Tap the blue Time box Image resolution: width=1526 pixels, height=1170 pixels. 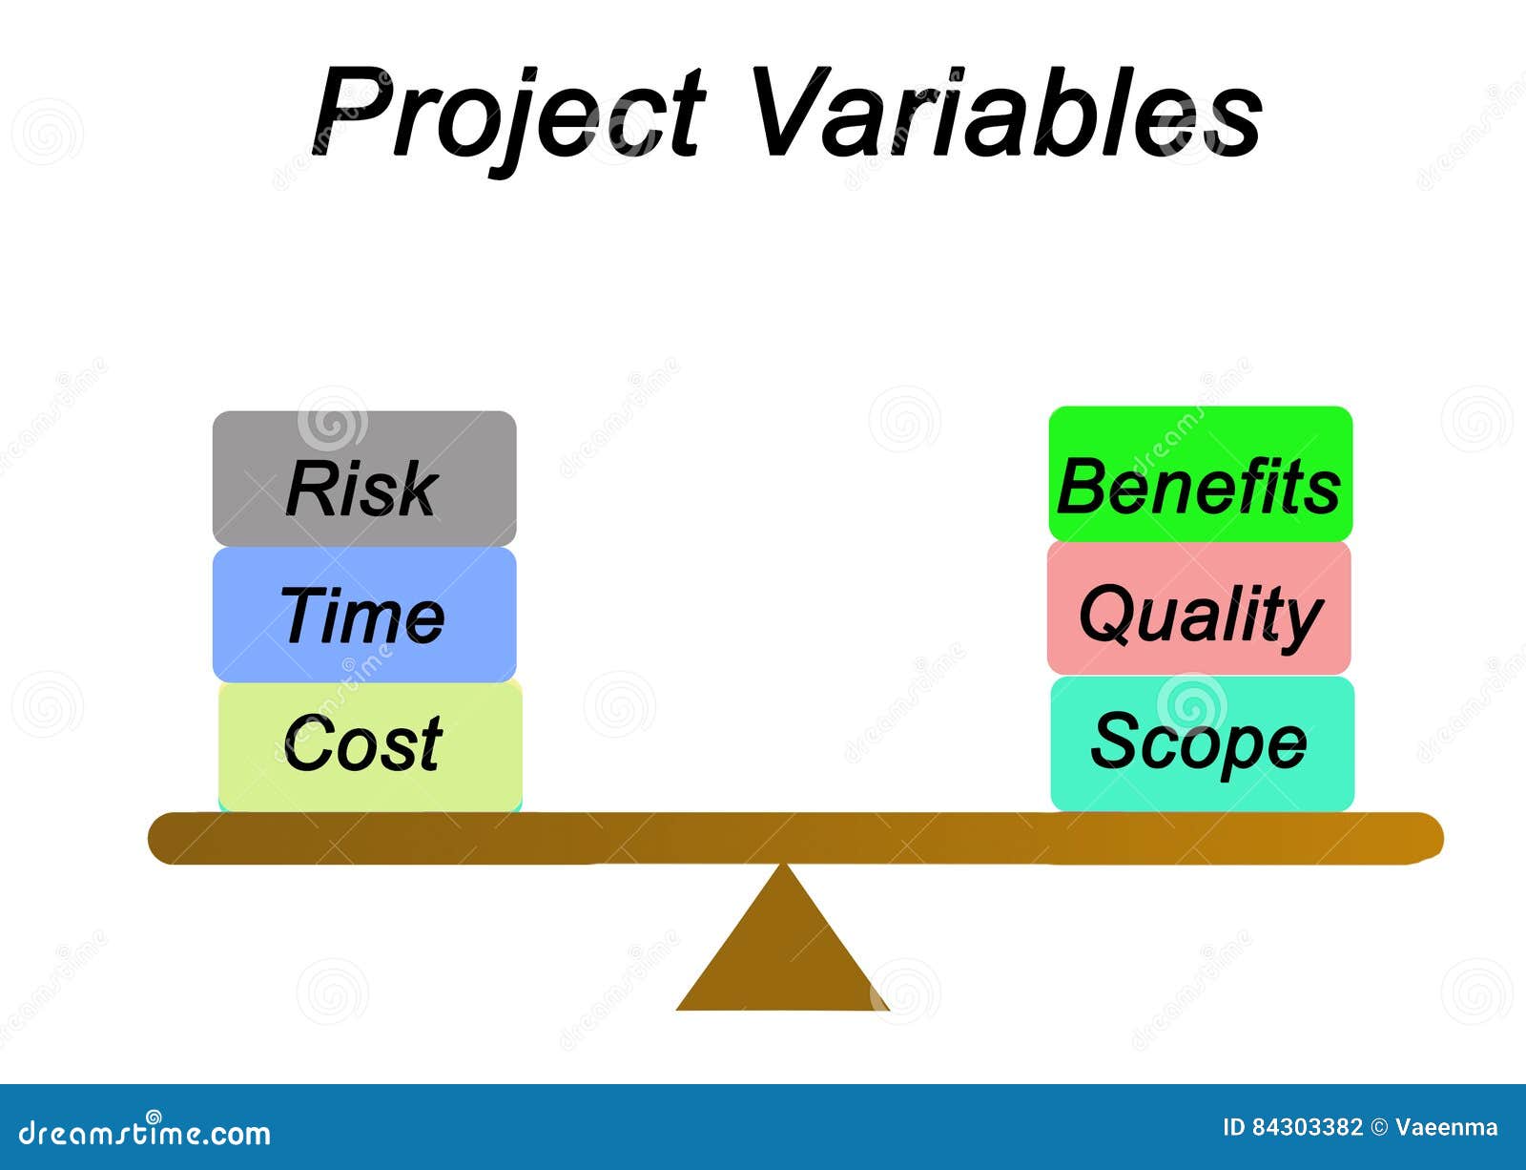pos(364,615)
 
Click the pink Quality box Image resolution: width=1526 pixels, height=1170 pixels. pos(1199,609)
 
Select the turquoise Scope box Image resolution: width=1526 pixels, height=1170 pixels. pos(1202,743)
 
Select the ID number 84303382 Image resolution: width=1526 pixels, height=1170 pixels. pos(1307,1127)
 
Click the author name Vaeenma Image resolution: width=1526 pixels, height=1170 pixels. pos(1446,1127)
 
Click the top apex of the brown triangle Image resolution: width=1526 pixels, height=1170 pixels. pos(783,867)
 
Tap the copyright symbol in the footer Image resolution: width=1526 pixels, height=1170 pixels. pos(1379,1127)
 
